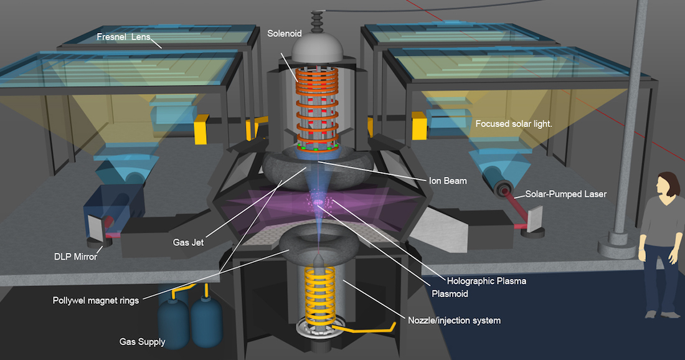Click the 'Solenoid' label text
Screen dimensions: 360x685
click(x=284, y=32)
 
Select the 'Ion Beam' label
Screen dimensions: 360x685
click(x=447, y=181)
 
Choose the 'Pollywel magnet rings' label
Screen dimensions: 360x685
click(x=95, y=301)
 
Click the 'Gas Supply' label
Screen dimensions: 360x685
click(x=142, y=342)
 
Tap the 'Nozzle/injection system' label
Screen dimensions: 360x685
click(x=454, y=321)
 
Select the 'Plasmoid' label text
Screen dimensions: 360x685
click(x=451, y=293)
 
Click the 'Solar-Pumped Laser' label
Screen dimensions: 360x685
click(x=565, y=194)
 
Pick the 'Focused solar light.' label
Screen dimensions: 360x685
click(x=514, y=123)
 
